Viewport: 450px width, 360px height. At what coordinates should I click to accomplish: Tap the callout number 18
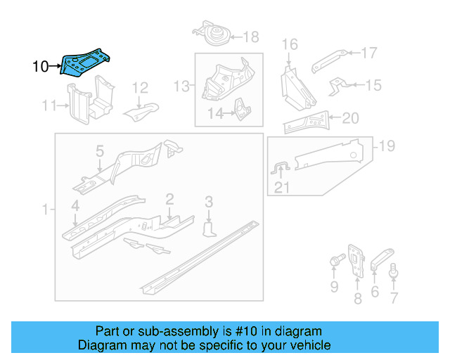[x=250, y=37]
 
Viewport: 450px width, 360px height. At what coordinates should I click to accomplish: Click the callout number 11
[x=49, y=106]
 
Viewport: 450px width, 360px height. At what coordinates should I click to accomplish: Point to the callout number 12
[x=141, y=88]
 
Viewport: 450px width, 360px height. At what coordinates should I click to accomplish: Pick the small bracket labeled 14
[x=241, y=110]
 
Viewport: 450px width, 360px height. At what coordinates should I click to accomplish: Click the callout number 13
[x=182, y=86]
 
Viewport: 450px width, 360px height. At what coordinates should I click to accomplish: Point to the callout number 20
[x=350, y=118]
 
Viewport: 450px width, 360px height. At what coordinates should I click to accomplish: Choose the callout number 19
[x=387, y=146]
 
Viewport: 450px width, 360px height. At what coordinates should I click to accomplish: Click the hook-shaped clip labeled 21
[x=279, y=169]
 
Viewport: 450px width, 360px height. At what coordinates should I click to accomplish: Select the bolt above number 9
[x=335, y=264]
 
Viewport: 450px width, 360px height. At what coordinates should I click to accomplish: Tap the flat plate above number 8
[x=356, y=259]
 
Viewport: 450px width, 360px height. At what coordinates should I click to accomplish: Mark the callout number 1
[x=46, y=210]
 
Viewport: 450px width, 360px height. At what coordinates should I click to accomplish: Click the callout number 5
[x=100, y=151]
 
